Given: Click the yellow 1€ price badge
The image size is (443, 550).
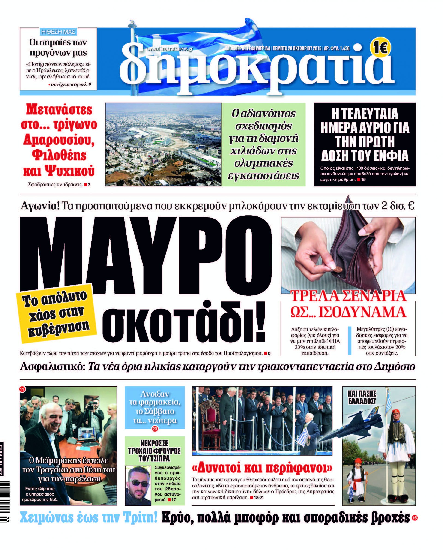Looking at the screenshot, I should pos(380,48).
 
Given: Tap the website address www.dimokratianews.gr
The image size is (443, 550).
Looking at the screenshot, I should pos(169,49).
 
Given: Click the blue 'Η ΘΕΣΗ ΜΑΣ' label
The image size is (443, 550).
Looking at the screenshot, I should pos(58,32).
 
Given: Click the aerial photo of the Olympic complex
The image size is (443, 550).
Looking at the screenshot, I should pos(163,144).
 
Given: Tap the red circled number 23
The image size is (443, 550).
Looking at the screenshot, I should pos(155,429).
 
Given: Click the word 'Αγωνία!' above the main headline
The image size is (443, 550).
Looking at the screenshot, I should pos(40,206).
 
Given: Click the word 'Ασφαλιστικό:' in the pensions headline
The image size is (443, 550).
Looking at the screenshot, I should pos(52,367).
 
